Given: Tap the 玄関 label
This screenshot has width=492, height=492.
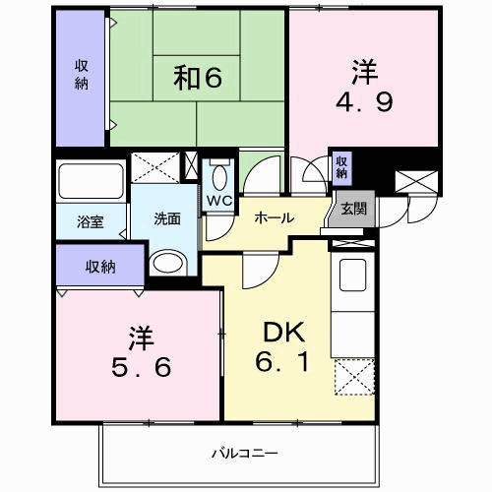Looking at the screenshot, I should pyautogui.click(x=352, y=210).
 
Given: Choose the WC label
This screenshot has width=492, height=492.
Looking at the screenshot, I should pyautogui.click(x=217, y=201).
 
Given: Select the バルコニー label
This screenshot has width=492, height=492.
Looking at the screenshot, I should pyautogui.click(x=239, y=453).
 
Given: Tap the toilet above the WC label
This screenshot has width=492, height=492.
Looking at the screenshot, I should pyautogui.click(x=217, y=175).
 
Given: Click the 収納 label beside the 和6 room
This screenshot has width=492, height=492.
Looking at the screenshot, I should pyautogui.click(x=82, y=77).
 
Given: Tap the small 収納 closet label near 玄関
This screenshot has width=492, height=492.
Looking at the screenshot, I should pyautogui.click(x=340, y=166).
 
